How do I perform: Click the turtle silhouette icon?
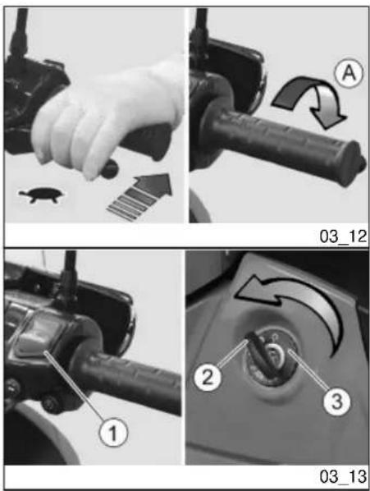tap(42, 195)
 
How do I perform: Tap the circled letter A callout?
tap(349, 73)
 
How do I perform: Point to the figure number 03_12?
tap(343, 236)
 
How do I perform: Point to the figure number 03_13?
tap(343, 476)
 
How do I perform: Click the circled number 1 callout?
tap(113, 433)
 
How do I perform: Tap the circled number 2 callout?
tap(208, 377)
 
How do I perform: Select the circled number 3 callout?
tap(337, 402)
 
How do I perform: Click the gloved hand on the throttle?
tap(107, 119)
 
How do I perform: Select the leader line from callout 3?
tap(308, 370)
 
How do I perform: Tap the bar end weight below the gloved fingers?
tap(109, 168)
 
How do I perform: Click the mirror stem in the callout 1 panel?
tap(69, 276)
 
